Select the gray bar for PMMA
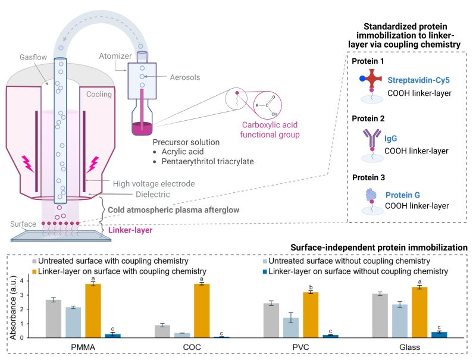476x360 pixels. point(54,318)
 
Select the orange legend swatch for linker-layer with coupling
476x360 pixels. point(36,271)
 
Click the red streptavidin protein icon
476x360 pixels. point(371,80)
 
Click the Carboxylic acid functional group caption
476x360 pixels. point(270,130)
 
